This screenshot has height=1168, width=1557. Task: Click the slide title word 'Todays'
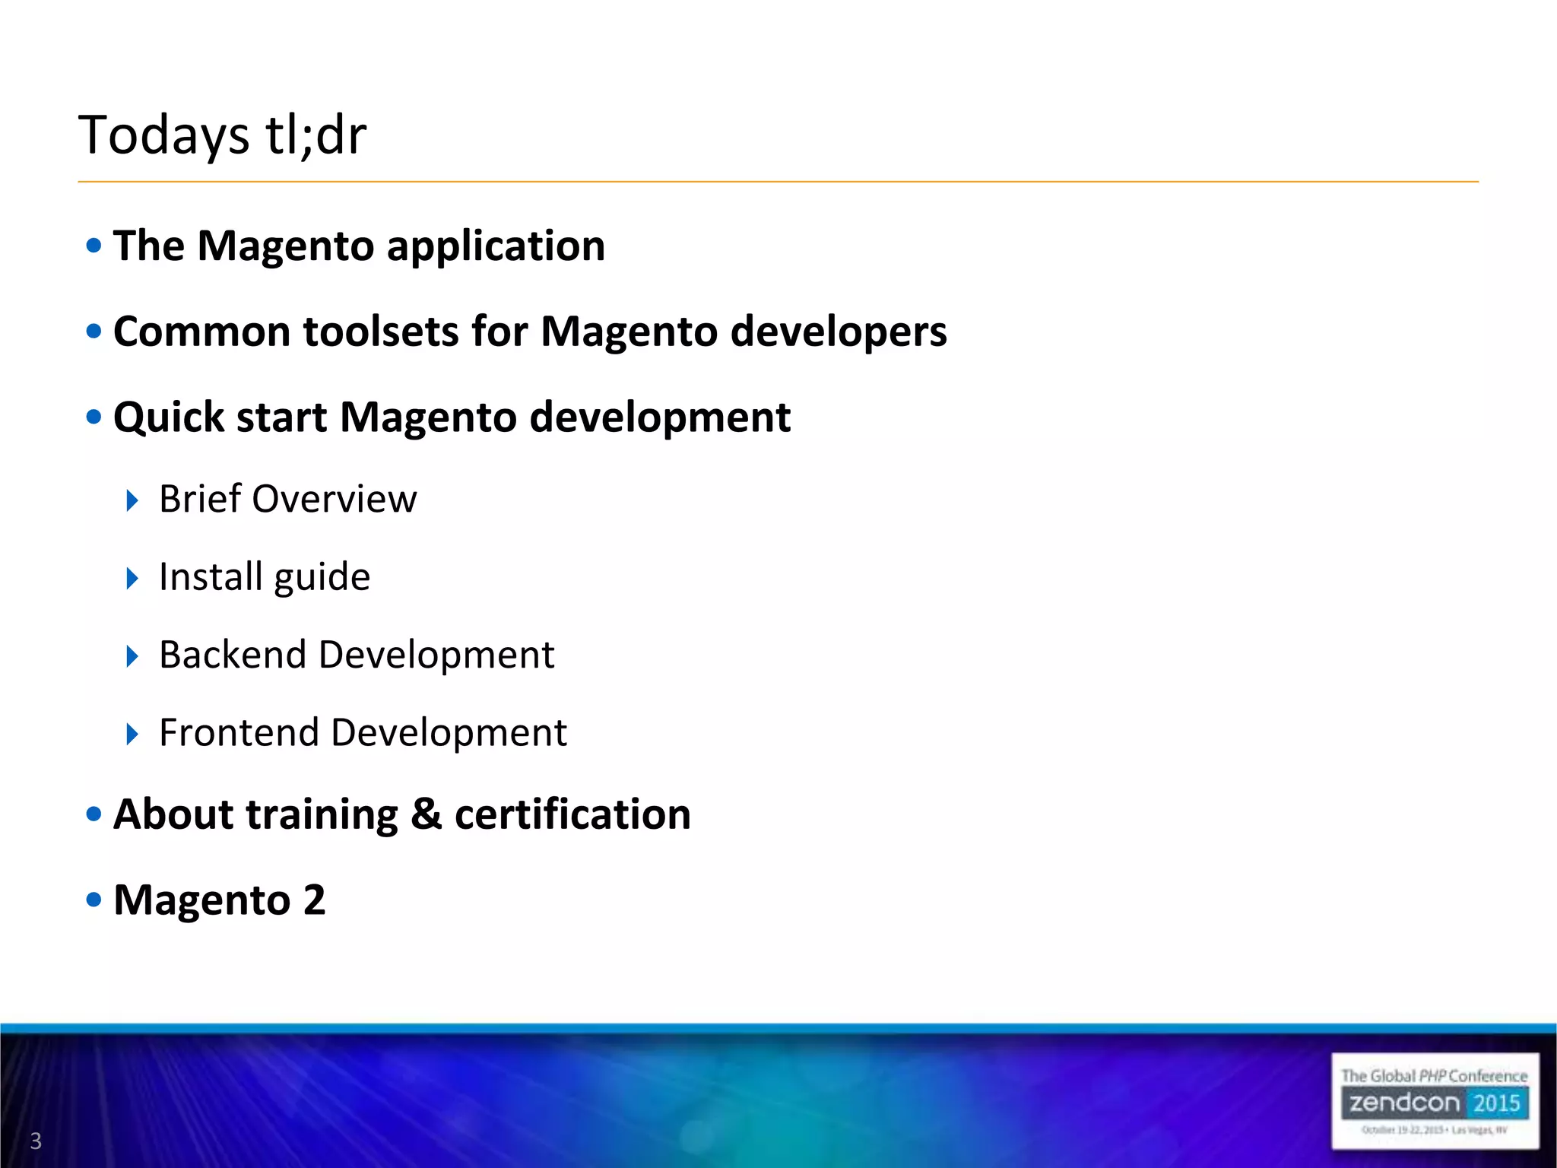tap(163, 135)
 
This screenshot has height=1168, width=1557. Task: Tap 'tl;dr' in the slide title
tap(316, 135)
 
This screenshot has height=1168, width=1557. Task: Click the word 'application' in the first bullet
tap(496, 247)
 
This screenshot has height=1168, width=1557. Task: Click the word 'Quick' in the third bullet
tap(168, 418)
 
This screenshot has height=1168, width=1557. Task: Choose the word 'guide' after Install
tap(322, 578)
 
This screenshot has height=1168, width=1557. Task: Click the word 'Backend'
tap(232, 655)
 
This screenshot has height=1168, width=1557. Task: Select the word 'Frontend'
tap(239, 733)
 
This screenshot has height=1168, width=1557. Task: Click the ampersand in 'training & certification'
tap(427, 814)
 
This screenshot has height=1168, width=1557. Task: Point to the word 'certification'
tap(572, 814)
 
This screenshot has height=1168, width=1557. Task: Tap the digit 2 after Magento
tap(314, 900)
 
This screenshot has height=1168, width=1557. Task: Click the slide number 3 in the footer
tap(36, 1141)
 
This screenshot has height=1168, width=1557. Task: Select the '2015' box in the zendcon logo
tap(1495, 1103)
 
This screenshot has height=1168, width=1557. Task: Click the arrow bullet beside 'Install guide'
tap(132, 579)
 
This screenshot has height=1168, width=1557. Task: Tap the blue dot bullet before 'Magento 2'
tap(94, 900)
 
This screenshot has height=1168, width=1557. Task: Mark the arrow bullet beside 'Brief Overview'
tap(132, 500)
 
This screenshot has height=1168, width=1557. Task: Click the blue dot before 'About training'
tap(94, 814)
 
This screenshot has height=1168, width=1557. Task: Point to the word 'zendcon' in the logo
tap(1404, 1103)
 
